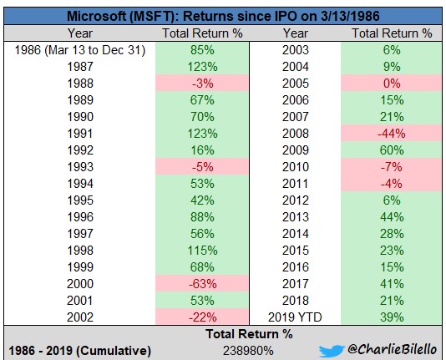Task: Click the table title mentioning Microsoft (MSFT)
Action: click(x=223, y=16)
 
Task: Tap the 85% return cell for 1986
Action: click(x=202, y=50)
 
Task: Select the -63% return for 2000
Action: click(x=202, y=284)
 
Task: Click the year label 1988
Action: click(x=80, y=84)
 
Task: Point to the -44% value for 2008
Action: click(x=392, y=134)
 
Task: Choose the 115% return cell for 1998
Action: click(x=202, y=251)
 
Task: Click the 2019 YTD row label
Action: click(x=295, y=317)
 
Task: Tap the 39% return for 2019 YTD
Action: click(x=392, y=317)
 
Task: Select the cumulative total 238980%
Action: click(x=248, y=351)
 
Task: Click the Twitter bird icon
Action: click(x=331, y=351)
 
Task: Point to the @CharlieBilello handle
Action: click(x=392, y=349)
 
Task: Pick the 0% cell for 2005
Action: click(x=392, y=84)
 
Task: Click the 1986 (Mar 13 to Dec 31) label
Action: click(x=80, y=50)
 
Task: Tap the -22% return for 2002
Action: click(x=202, y=317)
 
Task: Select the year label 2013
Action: click(x=296, y=217)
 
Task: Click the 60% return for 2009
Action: click(x=392, y=150)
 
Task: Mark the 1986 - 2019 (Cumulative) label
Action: click(x=79, y=351)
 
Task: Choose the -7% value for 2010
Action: click(x=392, y=167)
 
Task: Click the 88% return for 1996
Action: click(x=202, y=217)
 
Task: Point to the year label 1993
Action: click(x=80, y=167)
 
